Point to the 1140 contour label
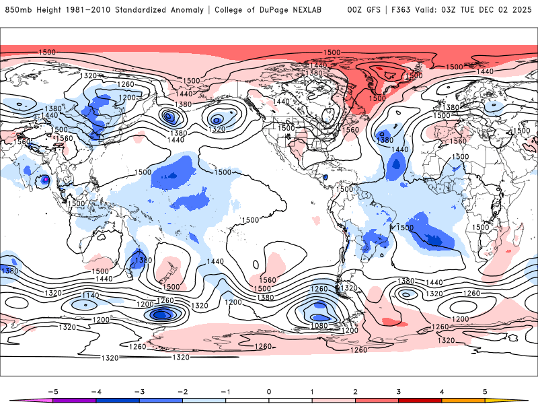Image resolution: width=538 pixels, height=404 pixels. (x=90, y=296)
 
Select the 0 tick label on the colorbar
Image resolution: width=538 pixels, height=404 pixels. (x=268, y=391)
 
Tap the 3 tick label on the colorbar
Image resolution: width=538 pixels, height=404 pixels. (x=398, y=391)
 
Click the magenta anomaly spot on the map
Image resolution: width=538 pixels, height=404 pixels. (x=45, y=180)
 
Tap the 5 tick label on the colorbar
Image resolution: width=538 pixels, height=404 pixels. (x=485, y=391)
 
